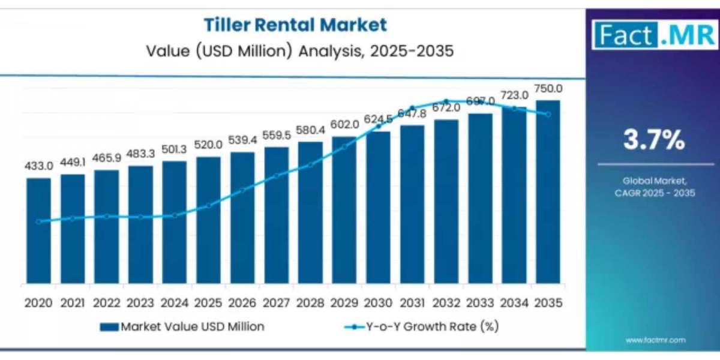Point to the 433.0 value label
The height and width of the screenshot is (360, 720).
tap(38, 166)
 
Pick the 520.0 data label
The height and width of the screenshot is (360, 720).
tap(208, 145)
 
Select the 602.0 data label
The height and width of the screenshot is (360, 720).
tap(344, 124)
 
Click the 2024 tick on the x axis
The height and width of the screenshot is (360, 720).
tap(174, 304)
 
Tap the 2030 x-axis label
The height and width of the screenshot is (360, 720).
tap(378, 304)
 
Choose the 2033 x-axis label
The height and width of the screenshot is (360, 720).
tap(480, 304)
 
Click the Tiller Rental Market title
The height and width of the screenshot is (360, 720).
tap(295, 25)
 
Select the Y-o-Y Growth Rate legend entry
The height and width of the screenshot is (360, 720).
tap(422, 327)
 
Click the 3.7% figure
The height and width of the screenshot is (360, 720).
tap(653, 141)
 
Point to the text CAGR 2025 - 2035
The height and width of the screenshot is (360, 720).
tap(653, 193)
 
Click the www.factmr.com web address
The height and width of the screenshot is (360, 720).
tap(655, 340)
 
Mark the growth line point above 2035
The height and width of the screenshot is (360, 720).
tap(548, 114)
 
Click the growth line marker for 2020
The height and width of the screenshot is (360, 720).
tap(38, 221)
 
